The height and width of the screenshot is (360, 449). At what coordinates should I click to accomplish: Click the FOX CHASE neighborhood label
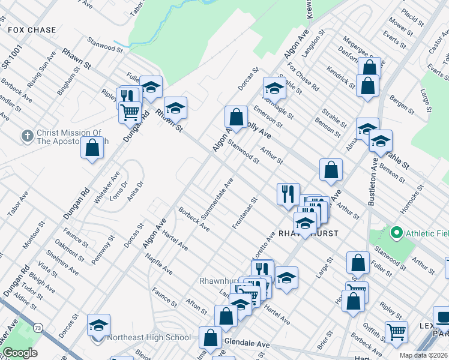[32, 30]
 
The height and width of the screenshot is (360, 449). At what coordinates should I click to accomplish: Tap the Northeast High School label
[149, 337]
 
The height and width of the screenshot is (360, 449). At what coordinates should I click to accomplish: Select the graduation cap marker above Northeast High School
[98, 326]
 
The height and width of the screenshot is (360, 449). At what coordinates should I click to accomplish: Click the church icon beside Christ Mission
[27, 136]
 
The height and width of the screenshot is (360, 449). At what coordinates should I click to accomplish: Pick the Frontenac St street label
[245, 213]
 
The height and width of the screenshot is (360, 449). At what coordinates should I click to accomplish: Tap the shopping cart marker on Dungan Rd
[130, 112]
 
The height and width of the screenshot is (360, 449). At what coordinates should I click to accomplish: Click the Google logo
[20, 353]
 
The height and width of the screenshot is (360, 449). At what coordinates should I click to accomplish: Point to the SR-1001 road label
[11, 55]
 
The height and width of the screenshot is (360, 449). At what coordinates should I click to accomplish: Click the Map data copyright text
[423, 355]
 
